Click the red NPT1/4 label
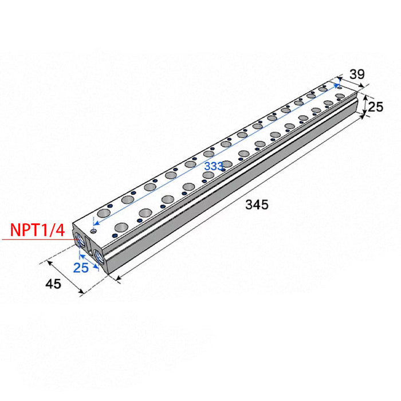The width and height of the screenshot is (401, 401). coord(37,230)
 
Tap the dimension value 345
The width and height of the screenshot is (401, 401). coord(257,205)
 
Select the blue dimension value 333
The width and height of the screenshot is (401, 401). coord(214,166)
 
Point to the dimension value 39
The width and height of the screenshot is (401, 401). coord(357,74)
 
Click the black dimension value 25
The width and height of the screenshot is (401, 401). coord(375,107)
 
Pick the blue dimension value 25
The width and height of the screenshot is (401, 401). coord(81,268)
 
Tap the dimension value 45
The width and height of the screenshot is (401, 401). coord(53,284)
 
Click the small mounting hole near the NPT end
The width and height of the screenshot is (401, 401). coord(93,231)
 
